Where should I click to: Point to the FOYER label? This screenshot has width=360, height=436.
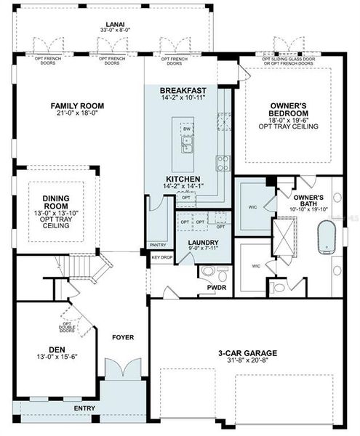pos(124,336)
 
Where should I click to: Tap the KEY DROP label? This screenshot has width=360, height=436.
pos(161,257)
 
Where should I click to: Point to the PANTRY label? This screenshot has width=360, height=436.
pos(157,245)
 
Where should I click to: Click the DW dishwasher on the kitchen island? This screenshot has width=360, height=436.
pos(186,129)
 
